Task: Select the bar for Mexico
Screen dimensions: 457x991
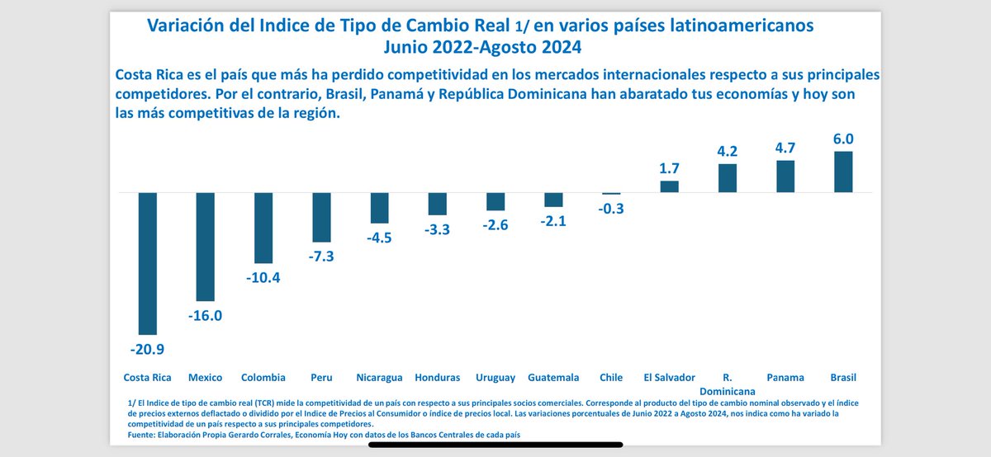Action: (205, 246)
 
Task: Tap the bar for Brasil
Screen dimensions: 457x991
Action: (843, 172)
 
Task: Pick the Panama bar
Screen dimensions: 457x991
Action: (785, 177)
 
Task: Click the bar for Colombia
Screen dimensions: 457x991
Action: (263, 227)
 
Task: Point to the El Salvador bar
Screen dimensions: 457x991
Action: (669, 186)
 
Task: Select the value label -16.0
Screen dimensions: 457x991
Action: (205, 315)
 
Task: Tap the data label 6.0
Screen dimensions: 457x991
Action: (843, 139)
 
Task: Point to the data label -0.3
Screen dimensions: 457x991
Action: (611, 209)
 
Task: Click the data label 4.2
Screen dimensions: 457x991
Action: (727, 152)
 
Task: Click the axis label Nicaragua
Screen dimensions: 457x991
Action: (379, 378)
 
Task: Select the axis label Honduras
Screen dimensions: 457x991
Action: (437, 378)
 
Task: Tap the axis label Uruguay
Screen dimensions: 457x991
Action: (495, 378)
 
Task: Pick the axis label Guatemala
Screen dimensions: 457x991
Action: (553, 378)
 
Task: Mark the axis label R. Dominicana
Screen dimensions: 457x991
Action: (727, 384)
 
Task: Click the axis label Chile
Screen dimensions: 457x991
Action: (611, 378)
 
